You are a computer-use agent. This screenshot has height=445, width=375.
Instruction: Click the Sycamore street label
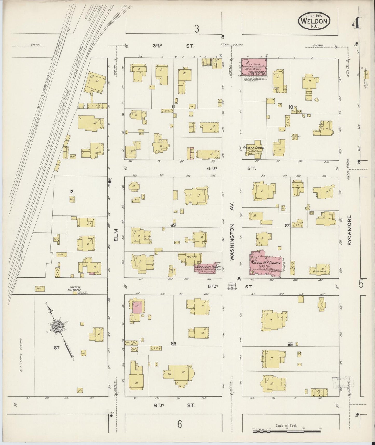tap(350, 231)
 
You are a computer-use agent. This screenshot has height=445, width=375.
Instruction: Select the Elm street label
tap(116, 235)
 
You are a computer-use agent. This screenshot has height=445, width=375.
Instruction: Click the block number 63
tap(173, 225)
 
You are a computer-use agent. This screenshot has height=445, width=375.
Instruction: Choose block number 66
tap(173, 344)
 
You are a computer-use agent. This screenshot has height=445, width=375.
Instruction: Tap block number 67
tap(57, 348)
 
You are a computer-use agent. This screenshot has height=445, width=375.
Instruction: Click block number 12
tap(71, 192)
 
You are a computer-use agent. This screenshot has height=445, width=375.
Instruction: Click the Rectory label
tap(192, 257)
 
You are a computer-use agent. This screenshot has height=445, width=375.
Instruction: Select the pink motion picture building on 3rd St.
tap(254, 67)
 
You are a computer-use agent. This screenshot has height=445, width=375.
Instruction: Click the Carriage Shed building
tap(40, 288)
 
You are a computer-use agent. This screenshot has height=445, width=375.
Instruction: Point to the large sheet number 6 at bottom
tap(180, 424)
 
